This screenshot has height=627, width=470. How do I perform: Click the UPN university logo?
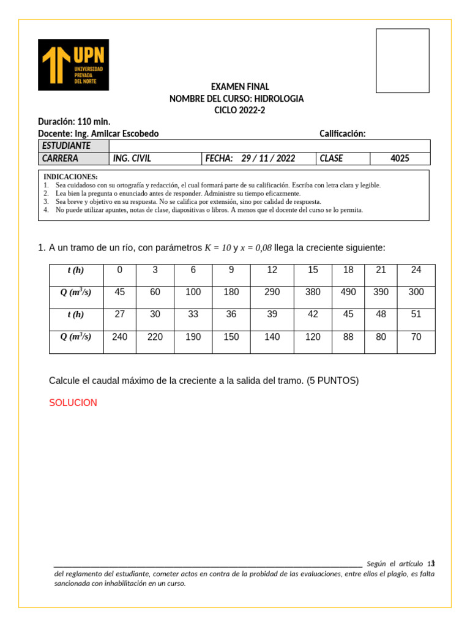[73, 65]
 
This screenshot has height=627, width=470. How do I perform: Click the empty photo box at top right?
[402, 61]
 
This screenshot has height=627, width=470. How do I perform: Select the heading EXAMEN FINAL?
[240, 87]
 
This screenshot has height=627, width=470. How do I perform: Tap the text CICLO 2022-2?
[240, 110]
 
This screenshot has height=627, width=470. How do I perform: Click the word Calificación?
[342, 134]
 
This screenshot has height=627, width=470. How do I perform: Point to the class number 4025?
[400, 159]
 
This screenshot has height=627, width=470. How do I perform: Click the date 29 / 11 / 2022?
[268, 159]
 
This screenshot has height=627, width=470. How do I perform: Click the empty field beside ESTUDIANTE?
[269, 146]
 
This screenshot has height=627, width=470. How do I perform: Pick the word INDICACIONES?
[70, 177]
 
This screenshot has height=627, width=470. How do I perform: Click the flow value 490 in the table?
[348, 292]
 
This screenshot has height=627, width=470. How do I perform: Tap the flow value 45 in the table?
[120, 292]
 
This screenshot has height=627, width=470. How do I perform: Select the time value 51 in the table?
[416, 315]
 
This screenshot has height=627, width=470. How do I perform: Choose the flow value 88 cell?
[348, 337]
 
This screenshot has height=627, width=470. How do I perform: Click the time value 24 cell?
[416, 270]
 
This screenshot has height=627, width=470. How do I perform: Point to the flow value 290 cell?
[272, 292]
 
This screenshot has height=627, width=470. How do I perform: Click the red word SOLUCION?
[73, 403]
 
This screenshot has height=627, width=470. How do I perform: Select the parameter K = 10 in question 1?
[217, 248]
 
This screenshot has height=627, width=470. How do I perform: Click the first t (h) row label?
[76, 270]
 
